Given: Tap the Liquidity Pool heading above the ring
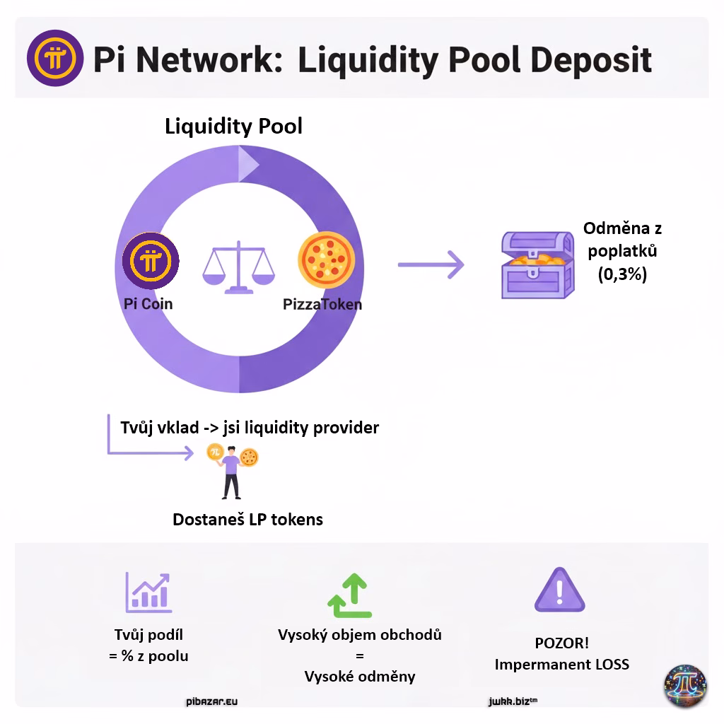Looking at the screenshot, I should [x=233, y=127].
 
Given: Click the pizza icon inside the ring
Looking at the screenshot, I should [x=326, y=261].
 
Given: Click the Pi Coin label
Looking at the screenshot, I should [x=148, y=304].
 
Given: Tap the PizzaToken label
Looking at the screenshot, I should [x=322, y=305].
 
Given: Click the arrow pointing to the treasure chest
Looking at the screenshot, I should [x=431, y=265].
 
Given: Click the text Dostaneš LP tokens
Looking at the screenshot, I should [x=247, y=520].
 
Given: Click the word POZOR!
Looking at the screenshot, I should [x=561, y=644].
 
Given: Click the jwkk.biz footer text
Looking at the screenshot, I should [x=513, y=702].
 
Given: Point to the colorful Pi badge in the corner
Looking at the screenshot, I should [x=684, y=685].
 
